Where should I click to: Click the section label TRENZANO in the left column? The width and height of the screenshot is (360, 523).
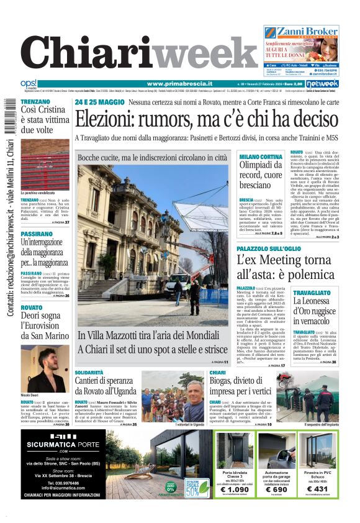tap(35, 101)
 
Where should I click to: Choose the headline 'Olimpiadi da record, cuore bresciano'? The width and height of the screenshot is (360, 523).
tap(262, 171)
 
